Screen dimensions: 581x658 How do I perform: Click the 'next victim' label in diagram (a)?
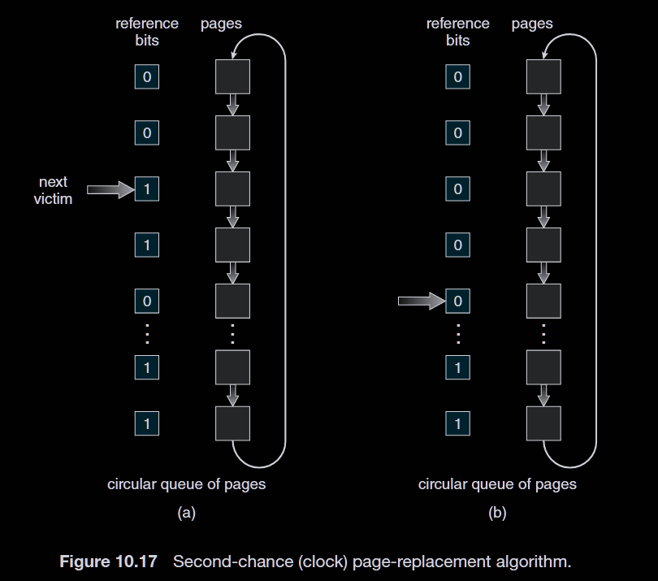tap(53, 190)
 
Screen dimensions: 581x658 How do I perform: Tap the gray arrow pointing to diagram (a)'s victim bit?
tap(109, 189)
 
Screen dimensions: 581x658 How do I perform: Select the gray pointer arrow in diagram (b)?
tap(420, 301)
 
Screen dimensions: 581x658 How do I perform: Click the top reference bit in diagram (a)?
tap(147, 77)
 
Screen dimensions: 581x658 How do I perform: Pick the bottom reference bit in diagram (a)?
tap(147, 423)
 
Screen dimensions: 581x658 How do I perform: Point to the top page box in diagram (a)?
tap(232, 77)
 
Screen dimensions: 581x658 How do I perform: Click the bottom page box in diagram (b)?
tap(543, 423)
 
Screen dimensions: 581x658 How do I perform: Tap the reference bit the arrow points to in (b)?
tap(457, 301)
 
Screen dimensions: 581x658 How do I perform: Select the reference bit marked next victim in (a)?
tap(147, 189)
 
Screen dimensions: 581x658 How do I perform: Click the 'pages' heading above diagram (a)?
tap(221, 24)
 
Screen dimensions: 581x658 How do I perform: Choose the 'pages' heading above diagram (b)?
tap(532, 24)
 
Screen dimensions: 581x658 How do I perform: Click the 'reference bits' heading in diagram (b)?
tap(457, 32)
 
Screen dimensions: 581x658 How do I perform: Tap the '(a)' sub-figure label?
tap(187, 513)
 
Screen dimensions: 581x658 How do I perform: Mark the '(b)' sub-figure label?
tap(497, 513)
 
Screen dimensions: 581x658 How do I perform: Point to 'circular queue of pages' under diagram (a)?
tap(186, 484)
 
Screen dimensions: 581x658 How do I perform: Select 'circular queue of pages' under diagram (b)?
tap(497, 484)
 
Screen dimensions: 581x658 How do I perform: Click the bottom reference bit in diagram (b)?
tap(457, 423)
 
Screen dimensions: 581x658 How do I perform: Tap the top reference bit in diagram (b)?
tap(457, 77)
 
